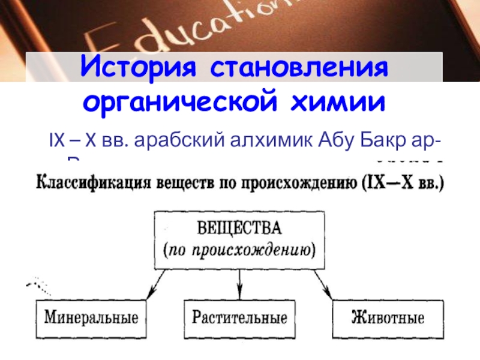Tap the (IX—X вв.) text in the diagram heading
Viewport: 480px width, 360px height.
(x=404, y=182)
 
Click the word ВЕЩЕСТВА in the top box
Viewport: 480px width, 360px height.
(x=240, y=230)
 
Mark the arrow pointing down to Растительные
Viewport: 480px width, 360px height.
(x=240, y=282)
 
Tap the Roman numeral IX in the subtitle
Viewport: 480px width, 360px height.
(x=56, y=142)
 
